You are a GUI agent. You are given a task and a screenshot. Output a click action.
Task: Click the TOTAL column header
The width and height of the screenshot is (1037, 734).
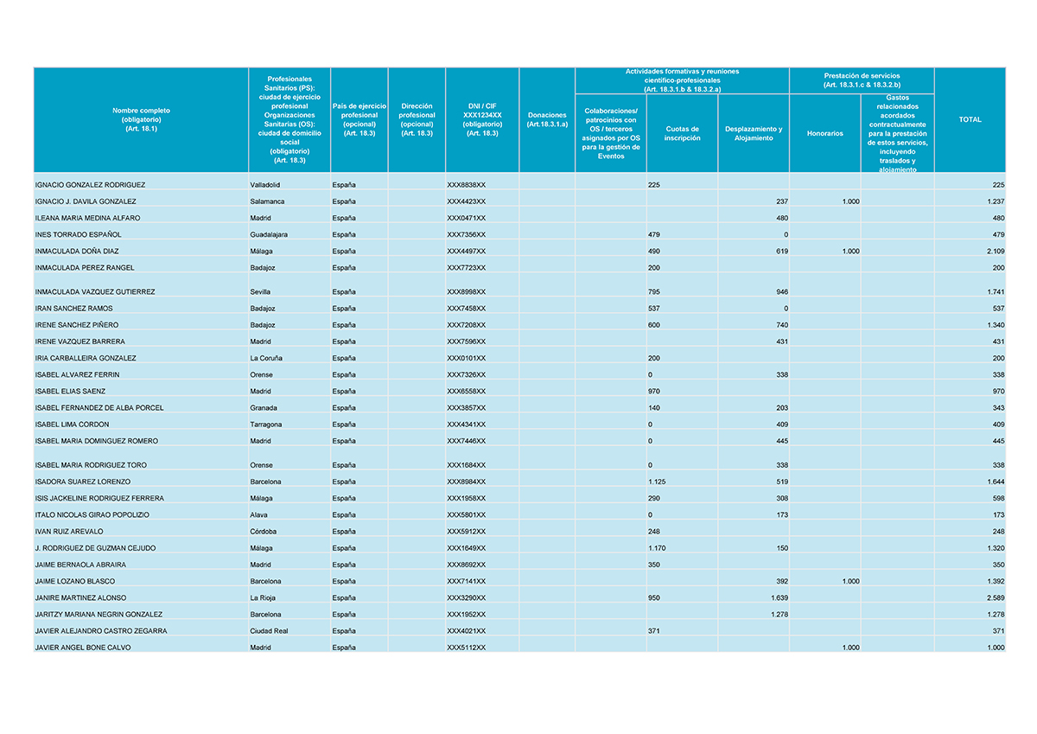point(970,120)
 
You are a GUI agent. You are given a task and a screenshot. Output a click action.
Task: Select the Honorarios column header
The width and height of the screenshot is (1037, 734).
point(824,133)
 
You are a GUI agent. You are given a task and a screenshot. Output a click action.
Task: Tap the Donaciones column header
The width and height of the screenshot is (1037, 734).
point(546,120)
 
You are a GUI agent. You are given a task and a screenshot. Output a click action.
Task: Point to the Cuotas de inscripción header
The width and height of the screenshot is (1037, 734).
point(682,133)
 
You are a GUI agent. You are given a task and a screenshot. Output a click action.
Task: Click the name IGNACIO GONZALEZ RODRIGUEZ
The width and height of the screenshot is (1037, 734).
point(90,185)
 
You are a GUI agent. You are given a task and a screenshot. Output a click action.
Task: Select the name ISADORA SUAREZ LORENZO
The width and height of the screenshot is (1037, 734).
point(83,482)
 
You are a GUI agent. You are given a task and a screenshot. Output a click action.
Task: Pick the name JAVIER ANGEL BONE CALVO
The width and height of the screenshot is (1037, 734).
point(83,648)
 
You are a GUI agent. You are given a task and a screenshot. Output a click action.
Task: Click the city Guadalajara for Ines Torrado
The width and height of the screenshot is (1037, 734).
point(269,234)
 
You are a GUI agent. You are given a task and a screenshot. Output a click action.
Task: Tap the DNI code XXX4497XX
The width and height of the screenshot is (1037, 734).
point(466,252)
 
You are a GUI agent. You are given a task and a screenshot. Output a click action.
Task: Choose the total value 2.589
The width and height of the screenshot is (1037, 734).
point(995,598)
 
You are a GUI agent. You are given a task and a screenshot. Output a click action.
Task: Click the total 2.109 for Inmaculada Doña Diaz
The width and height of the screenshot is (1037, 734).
point(995,252)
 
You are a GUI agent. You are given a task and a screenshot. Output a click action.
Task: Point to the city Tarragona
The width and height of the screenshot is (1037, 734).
point(265,424)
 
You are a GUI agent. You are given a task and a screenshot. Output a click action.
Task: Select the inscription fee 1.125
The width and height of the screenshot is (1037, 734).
point(658,482)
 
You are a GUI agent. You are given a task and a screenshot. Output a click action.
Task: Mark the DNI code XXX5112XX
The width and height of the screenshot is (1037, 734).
point(466,648)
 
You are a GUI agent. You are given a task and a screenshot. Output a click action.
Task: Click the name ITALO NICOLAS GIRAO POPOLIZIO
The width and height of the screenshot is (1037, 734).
point(92,515)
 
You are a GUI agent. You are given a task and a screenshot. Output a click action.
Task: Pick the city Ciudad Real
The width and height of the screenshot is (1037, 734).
point(269,631)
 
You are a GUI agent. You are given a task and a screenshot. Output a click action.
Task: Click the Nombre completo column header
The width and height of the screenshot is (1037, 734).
point(141,120)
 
